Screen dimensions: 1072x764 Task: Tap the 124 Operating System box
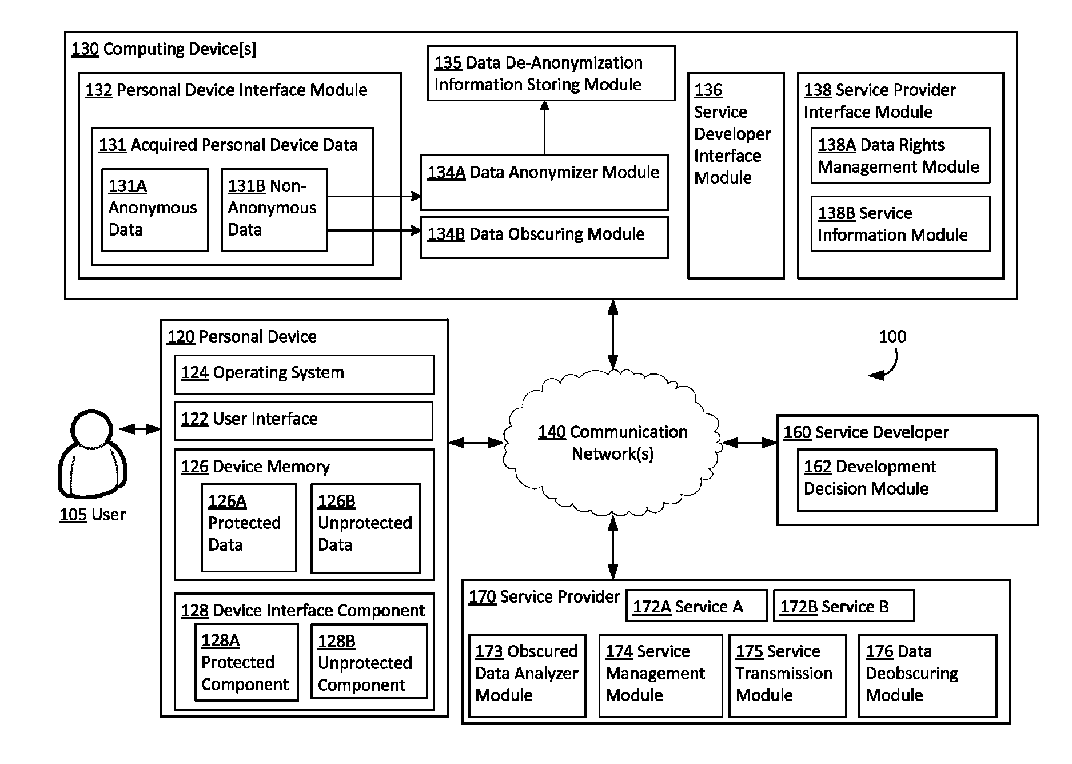[304, 375]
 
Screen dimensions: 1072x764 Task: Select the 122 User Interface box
[304, 421]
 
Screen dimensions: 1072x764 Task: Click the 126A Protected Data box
[249, 528]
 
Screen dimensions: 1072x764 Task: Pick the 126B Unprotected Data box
[366, 528]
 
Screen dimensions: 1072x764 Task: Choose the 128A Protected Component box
[247, 662]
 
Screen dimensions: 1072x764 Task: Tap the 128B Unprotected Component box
[369, 661]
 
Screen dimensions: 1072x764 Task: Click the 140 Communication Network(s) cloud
[612, 443]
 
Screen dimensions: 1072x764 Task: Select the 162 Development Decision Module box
[897, 480]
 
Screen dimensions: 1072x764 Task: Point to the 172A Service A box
[696, 606]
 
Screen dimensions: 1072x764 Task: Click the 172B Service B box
[844, 606]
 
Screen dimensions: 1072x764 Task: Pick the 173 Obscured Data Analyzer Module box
[527, 675]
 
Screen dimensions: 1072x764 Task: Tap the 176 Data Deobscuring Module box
[928, 675]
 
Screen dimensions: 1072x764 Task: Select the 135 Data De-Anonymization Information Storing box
[551, 73]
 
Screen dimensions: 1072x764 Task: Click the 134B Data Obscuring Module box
[544, 237]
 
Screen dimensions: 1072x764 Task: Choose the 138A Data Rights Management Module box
[900, 156]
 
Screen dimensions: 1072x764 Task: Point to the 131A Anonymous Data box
[155, 210]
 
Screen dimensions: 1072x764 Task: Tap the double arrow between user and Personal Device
[140, 429]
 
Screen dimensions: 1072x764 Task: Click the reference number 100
[892, 336]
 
